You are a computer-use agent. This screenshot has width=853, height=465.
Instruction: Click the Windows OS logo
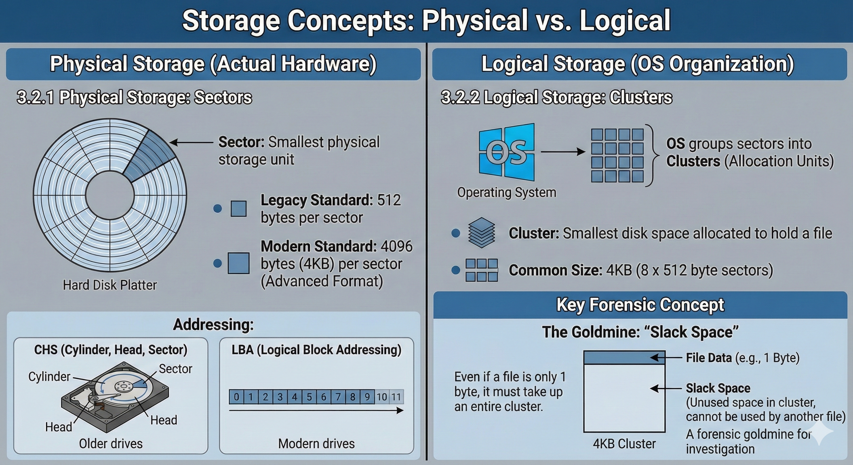pyautogui.click(x=506, y=152)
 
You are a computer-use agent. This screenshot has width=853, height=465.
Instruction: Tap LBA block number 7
pyautogui.click(x=338, y=397)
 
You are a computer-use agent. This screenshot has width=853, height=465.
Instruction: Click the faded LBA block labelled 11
pyautogui.click(x=397, y=397)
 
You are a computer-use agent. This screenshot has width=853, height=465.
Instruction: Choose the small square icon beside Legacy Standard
pyautogui.click(x=238, y=209)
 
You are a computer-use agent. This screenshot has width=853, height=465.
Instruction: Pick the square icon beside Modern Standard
pyautogui.click(x=238, y=263)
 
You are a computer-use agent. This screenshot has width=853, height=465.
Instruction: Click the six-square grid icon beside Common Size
pyautogui.click(x=481, y=270)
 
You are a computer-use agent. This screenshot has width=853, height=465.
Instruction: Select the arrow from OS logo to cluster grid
pyautogui.click(x=563, y=152)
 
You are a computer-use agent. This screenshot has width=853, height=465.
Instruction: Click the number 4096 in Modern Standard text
pyautogui.click(x=397, y=246)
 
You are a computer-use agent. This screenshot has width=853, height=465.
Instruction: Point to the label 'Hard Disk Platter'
pyautogui.click(x=110, y=285)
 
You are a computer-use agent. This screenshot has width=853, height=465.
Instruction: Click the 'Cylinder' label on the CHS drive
pyautogui.click(x=49, y=376)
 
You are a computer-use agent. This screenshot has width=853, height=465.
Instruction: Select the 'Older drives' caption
pyautogui.click(x=111, y=444)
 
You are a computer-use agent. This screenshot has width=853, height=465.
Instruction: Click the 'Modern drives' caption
pyautogui.click(x=316, y=444)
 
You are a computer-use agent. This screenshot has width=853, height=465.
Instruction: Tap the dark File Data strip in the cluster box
pyautogui.click(x=624, y=358)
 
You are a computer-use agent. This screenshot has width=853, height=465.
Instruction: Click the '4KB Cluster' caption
pyautogui.click(x=624, y=444)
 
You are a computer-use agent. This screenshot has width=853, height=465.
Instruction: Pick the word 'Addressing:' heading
pyautogui.click(x=213, y=324)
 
